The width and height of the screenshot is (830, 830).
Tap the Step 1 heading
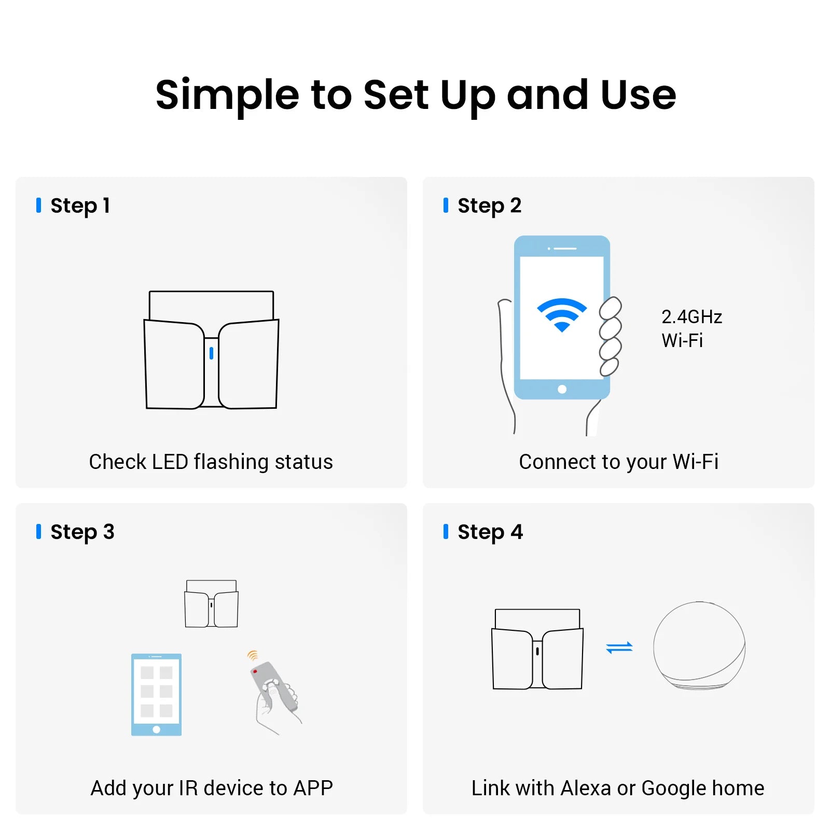(x=80, y=206)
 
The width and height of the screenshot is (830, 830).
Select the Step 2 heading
(x=489, y=206)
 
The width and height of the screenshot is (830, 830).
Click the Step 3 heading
(x=82, y=532)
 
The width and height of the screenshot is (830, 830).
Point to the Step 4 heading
(x=490, y=532)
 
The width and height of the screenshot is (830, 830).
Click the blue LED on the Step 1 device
(x=211, y=353)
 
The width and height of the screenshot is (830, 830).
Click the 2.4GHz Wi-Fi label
(x=691, y=328)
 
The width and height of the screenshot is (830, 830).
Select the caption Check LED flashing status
(x=211, y=462)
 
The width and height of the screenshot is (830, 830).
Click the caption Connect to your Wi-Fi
(x=618, y=462)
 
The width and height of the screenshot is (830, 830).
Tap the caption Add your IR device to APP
(x=211, y=788)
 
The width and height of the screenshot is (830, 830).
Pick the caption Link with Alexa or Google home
(x=618, y=788)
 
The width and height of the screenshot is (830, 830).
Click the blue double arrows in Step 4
(x=619, y=647)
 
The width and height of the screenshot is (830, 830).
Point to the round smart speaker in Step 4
(x=699, y=645)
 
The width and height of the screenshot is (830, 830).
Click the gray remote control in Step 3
(x=274, y=686)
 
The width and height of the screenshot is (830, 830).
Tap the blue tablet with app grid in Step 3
(x=156, y=695)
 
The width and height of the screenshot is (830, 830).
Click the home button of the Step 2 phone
(x=562, y=389)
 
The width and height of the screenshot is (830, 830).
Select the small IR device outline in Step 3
(x=211, y=604)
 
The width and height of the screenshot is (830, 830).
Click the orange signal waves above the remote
(x=253, y=655)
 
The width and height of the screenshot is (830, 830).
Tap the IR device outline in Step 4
(x=537, y=649)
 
